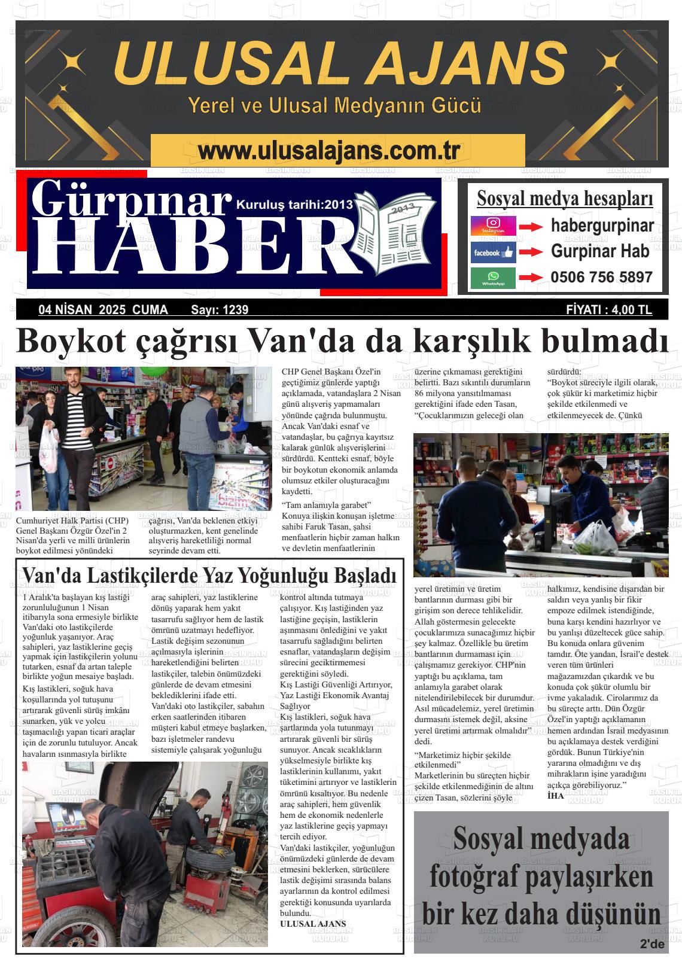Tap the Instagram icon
tap(493, 226)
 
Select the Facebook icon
tap(493, 252)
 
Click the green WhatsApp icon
tap(493, 278)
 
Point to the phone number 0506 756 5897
tap(601, 278)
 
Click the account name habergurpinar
tap(602, 226)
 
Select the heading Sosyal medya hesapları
tap(565, 198)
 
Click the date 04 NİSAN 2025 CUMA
tap(103, 310)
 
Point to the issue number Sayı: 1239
tap(220, 310)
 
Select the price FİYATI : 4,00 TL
tap(609, 310)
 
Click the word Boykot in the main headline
tap(71, 341)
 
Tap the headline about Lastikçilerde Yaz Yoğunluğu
tap(209, 575)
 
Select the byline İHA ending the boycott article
tap(556, 796)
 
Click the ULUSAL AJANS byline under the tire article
tap(313, 924)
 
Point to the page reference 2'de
tap(652, 945)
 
